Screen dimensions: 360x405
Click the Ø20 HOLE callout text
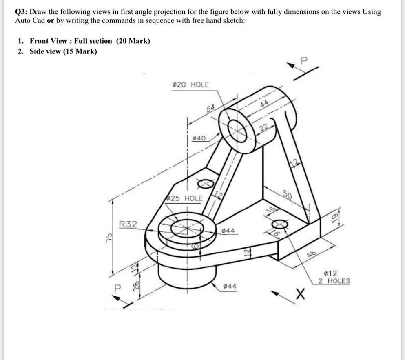click(190, 84)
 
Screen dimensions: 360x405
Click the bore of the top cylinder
click(237, 129)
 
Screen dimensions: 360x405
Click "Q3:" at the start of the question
click(22, 12)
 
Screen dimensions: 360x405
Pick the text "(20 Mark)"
click(133, 41)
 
